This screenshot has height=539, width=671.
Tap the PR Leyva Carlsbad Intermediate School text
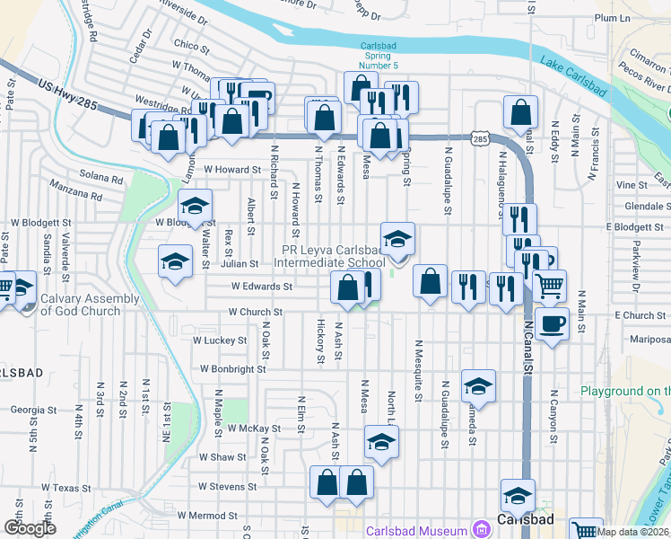pos(334,256)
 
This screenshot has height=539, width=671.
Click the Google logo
pos(30,528)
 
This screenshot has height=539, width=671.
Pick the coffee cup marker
pos(553,323)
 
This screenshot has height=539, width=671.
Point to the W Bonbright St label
pos(233,368)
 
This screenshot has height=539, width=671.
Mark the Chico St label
pos(191,44)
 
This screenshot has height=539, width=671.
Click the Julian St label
pos(240,264)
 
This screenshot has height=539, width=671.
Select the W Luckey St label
pos(220,340)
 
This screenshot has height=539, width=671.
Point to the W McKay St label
pos(254,429)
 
